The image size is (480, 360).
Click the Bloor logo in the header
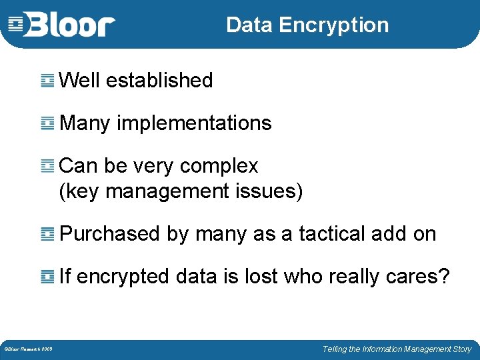(x=62, y=25)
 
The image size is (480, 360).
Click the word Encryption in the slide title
(x=333, y=25)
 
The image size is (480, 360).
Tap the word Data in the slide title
(x=249, y=25)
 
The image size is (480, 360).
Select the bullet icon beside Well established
(x=47, y=81)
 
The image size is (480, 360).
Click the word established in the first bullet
(x=159, y=81)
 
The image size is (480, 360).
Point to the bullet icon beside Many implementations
(x=47, y=123)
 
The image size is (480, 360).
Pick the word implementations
(x=194, y=123)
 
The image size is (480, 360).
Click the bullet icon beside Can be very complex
(x=47, y=166)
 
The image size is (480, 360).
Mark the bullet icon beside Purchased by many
(x=47, y=234)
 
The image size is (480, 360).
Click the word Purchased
(x=109, y=234)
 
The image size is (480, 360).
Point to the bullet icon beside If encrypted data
(x=47, y=277)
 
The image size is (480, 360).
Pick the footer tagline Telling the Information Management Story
(x=397, y=349)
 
